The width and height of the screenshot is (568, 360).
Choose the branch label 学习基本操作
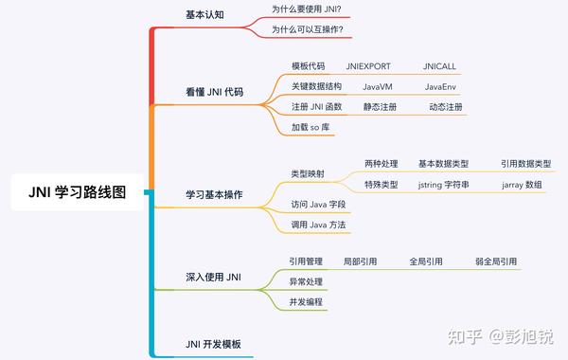[213, 194]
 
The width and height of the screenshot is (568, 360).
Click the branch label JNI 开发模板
[213, 343]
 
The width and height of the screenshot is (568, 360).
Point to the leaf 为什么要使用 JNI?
[307, 9]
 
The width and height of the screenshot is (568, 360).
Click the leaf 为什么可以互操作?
[307, 30]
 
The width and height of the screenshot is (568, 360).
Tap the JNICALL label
[440, 66]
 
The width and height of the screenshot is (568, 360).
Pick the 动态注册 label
[445, 107]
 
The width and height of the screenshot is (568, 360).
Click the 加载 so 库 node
[311, 127]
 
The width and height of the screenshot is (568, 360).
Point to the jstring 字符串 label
[443, 184]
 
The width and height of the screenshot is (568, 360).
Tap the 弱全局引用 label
[496, 261]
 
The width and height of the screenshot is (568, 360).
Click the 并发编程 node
[306, 301]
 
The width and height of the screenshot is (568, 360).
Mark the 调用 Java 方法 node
[319, 225]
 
